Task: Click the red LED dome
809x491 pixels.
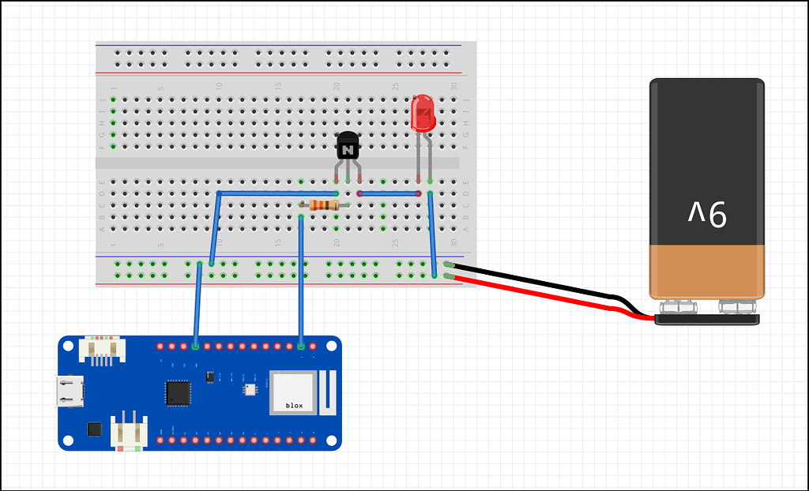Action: [x=423, y=112]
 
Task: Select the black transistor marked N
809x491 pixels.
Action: [x=348, y=146]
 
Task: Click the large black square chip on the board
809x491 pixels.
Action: [x=178, y=392]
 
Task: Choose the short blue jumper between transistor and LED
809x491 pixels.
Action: [x=389, y=193]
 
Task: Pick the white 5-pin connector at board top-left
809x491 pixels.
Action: [x=100, y=348]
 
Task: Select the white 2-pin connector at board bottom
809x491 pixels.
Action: [x=128, y=433]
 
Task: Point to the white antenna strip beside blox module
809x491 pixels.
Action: [x=329, y=392]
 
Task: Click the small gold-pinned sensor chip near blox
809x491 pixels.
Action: [x=250, y=389]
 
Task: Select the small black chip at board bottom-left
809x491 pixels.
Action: [x=95, y=429]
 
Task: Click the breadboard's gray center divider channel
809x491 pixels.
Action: [x=277, y=163]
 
